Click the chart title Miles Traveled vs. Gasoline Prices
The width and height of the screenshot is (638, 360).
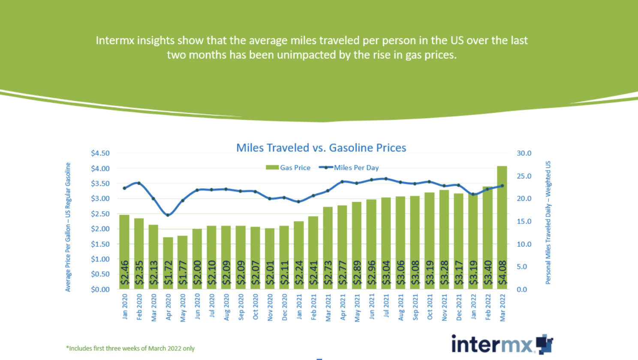pyautogui.click(x=321, y=148)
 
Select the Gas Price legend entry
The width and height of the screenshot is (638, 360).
pyautogui.click(x=288, y=168)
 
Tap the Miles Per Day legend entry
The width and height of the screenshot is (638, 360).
pyautogui.click(x=349, y=168)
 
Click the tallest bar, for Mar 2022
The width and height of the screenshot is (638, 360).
pyautogui.click(x=502, y=227)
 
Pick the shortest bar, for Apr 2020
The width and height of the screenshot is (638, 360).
pyautogui.click(x=168, y=263)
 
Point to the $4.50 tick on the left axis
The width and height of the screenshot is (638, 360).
pyautogui.click(x=100, y=153)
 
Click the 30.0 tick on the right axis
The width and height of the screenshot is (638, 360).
pyautogui.click(x=524, y=153)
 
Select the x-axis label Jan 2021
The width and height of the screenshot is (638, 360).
pyautogui.click(x=299, y=307)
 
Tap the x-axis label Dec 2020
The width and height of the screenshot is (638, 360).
pyautogui.click(x=284, y=307)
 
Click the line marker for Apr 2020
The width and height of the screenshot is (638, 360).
pyautogui.click(x=168, y=215)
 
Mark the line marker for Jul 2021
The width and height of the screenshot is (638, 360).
pyautogui.click(x=386, y=179)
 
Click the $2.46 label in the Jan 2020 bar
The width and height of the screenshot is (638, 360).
pyautogui.click(x=124, y=272)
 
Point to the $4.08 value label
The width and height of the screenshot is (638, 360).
pyautogui.click(x=502, y=272)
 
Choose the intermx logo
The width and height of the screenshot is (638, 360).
pyautogui.click(x=502, y=344)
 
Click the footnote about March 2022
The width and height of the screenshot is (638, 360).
pyautogui.click(x=130, y=348)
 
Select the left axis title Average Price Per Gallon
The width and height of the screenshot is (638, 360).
pyautogui.click(x=68, y=227)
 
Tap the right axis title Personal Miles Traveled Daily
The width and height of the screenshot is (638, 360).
pyautogui.click(x=548, y=223)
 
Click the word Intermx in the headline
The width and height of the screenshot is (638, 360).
pyautogui.click(x=115, y=40)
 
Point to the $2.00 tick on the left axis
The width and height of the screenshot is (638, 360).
pyautogui.click(x=100, y=229)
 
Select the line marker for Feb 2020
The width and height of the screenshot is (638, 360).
pyautogui.click(x=139, y=183)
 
